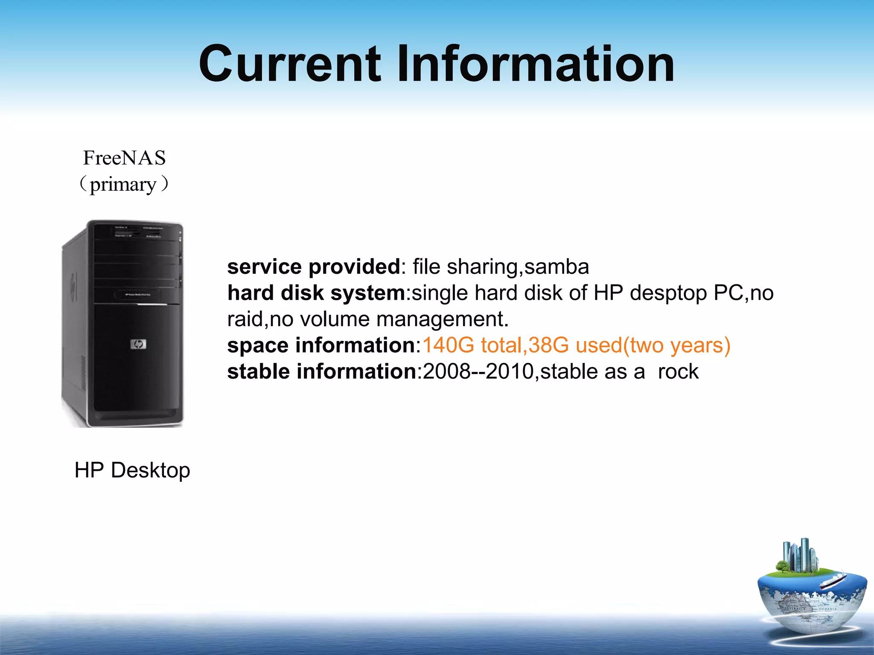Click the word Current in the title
pyautogui.click(x=289, y=64)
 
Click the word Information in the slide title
pyautogui.click(x=536, y=64)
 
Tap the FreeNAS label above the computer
pyautogui.click(x=124, y=158)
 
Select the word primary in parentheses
pyautogui.click(x=123, y=185)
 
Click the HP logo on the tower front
pyautogui.click(x=138, y=344)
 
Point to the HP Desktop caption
pyautogui.click(x=132, y=470)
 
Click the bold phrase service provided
pyautogui.click(x=314, y=267)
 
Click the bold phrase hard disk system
pyautogui.click(x=316, y=293)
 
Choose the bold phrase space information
pyautogui.click(x=321, y=345)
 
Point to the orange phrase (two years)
pyautogui.click(x=677, y=345)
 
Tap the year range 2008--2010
pyautogui.click(x=478, y=371)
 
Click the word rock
pyautogui.click(x=678, y=372)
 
